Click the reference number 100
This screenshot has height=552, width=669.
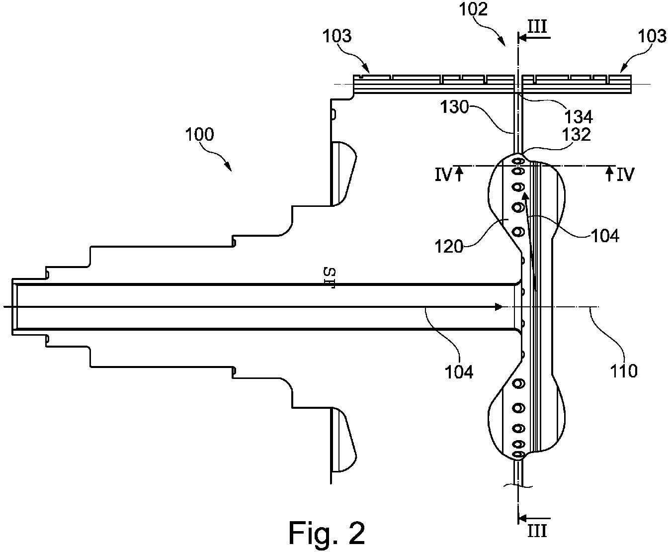point(199,134)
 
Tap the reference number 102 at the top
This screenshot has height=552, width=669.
point(473,9)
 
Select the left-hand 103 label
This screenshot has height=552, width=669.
point(337,36)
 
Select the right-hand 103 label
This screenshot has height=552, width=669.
point(652,36)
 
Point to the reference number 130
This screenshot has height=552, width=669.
point(454,107)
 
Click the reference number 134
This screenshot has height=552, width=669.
point(579,117)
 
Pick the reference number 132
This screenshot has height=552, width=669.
point(577,134)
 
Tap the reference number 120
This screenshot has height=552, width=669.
point(449,247)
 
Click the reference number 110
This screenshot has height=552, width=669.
point(624,371)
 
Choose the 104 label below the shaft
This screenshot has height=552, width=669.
point(459,372)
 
